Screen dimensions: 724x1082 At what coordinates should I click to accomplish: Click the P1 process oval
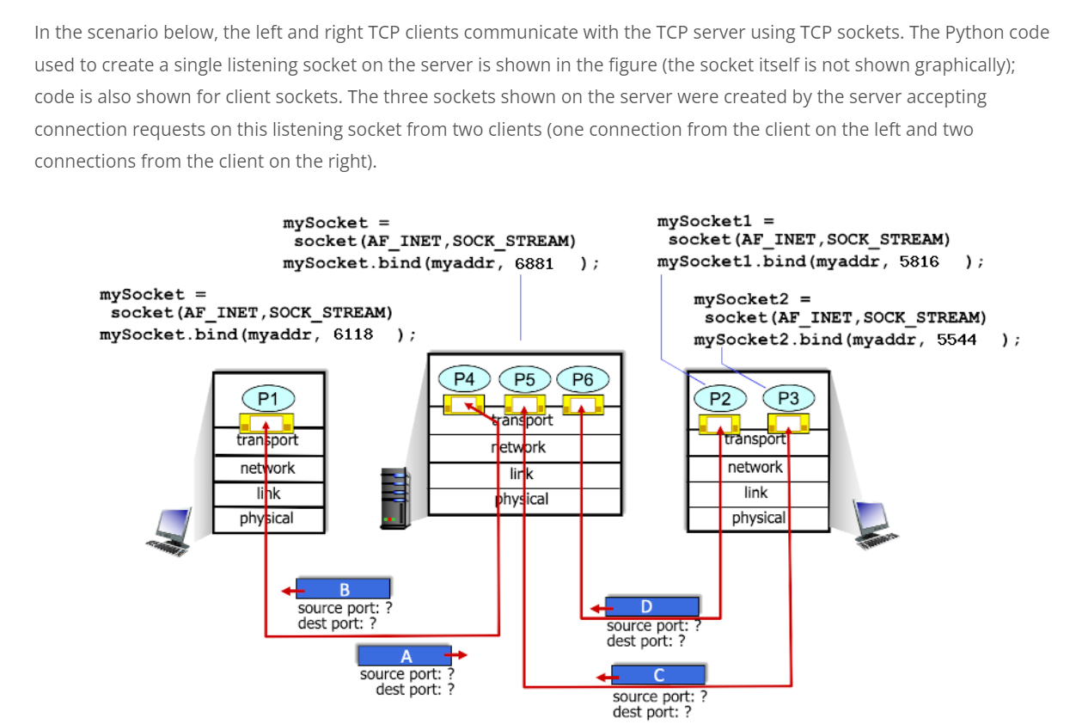click(x=268, y=398)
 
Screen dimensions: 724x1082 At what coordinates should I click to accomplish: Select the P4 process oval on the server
click(x=464, y=379)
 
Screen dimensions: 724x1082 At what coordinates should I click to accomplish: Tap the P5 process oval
click(x=524, y=379)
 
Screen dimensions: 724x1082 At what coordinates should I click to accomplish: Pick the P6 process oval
click(x=582, y=379)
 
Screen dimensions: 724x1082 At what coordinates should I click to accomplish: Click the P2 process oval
click(x=719, y=398)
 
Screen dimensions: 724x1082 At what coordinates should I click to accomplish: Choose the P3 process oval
click(x=787, y=398)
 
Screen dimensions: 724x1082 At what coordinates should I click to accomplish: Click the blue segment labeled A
click(x=405, y=656)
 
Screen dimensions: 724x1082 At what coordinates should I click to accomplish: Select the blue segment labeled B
click(x=345, y=589)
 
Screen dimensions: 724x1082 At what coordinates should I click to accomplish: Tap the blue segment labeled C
click(x=658, y=674)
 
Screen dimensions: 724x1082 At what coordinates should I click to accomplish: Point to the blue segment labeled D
click(x=652, y=606)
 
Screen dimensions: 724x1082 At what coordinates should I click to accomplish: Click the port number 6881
click(x=534, y=262)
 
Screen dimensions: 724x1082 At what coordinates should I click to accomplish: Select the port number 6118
click(x=352, y=334)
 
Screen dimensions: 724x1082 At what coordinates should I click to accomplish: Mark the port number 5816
click(x=919, y=261)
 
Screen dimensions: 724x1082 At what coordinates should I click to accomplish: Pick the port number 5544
click(x=957, y=339)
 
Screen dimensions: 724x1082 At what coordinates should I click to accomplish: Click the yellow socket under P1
click(x=266, y=422)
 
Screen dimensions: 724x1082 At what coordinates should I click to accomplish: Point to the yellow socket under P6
click(x=582, y=404)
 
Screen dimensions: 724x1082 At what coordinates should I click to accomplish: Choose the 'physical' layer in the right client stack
click(x=758, y=518)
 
